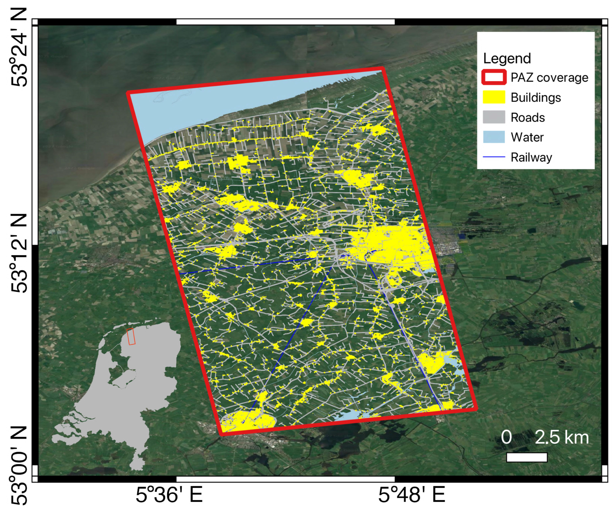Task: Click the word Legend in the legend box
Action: (507, 58)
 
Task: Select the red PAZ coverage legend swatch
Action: (494, 78)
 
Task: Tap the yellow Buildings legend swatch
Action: (494, 97)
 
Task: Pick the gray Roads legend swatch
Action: (494, 117)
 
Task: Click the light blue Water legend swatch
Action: (494, 137)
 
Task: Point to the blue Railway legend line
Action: (494, 157)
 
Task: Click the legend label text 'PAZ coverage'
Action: (549, 78)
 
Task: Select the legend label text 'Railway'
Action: (531, 157)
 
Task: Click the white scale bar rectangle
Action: (527, 457)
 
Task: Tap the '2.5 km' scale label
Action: (562, 438)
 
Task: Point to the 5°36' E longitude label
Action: (169, 495)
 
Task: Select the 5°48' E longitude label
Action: (412, 495)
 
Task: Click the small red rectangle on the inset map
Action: (131, 336)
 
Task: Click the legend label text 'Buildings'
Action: (536, 98)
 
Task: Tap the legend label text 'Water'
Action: (527, 137)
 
